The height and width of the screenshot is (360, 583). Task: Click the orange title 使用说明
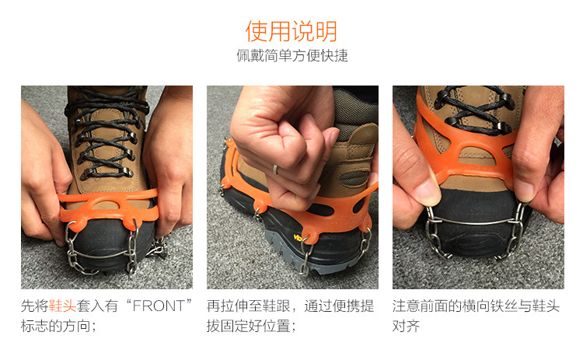(x=291, y=31)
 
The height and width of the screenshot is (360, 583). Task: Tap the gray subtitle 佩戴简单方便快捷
(x=292, y=55)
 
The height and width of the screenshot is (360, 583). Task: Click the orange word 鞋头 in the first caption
(x=62, y=306)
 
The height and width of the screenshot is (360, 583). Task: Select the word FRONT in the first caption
(x=159, y=306)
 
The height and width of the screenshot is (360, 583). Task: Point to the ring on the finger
(x=275, y=170)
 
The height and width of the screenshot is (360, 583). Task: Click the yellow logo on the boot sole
(x=298, y=237)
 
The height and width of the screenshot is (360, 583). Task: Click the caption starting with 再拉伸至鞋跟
(x=291, y=316)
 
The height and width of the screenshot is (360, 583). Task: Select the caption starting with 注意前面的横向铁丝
(x=476, y=316)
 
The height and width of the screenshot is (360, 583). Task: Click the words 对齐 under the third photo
(x=406, y=326)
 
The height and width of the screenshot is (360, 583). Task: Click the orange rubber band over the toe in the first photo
(x=109, y=209)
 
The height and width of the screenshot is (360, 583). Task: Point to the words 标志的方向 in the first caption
(x=55, y=326)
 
